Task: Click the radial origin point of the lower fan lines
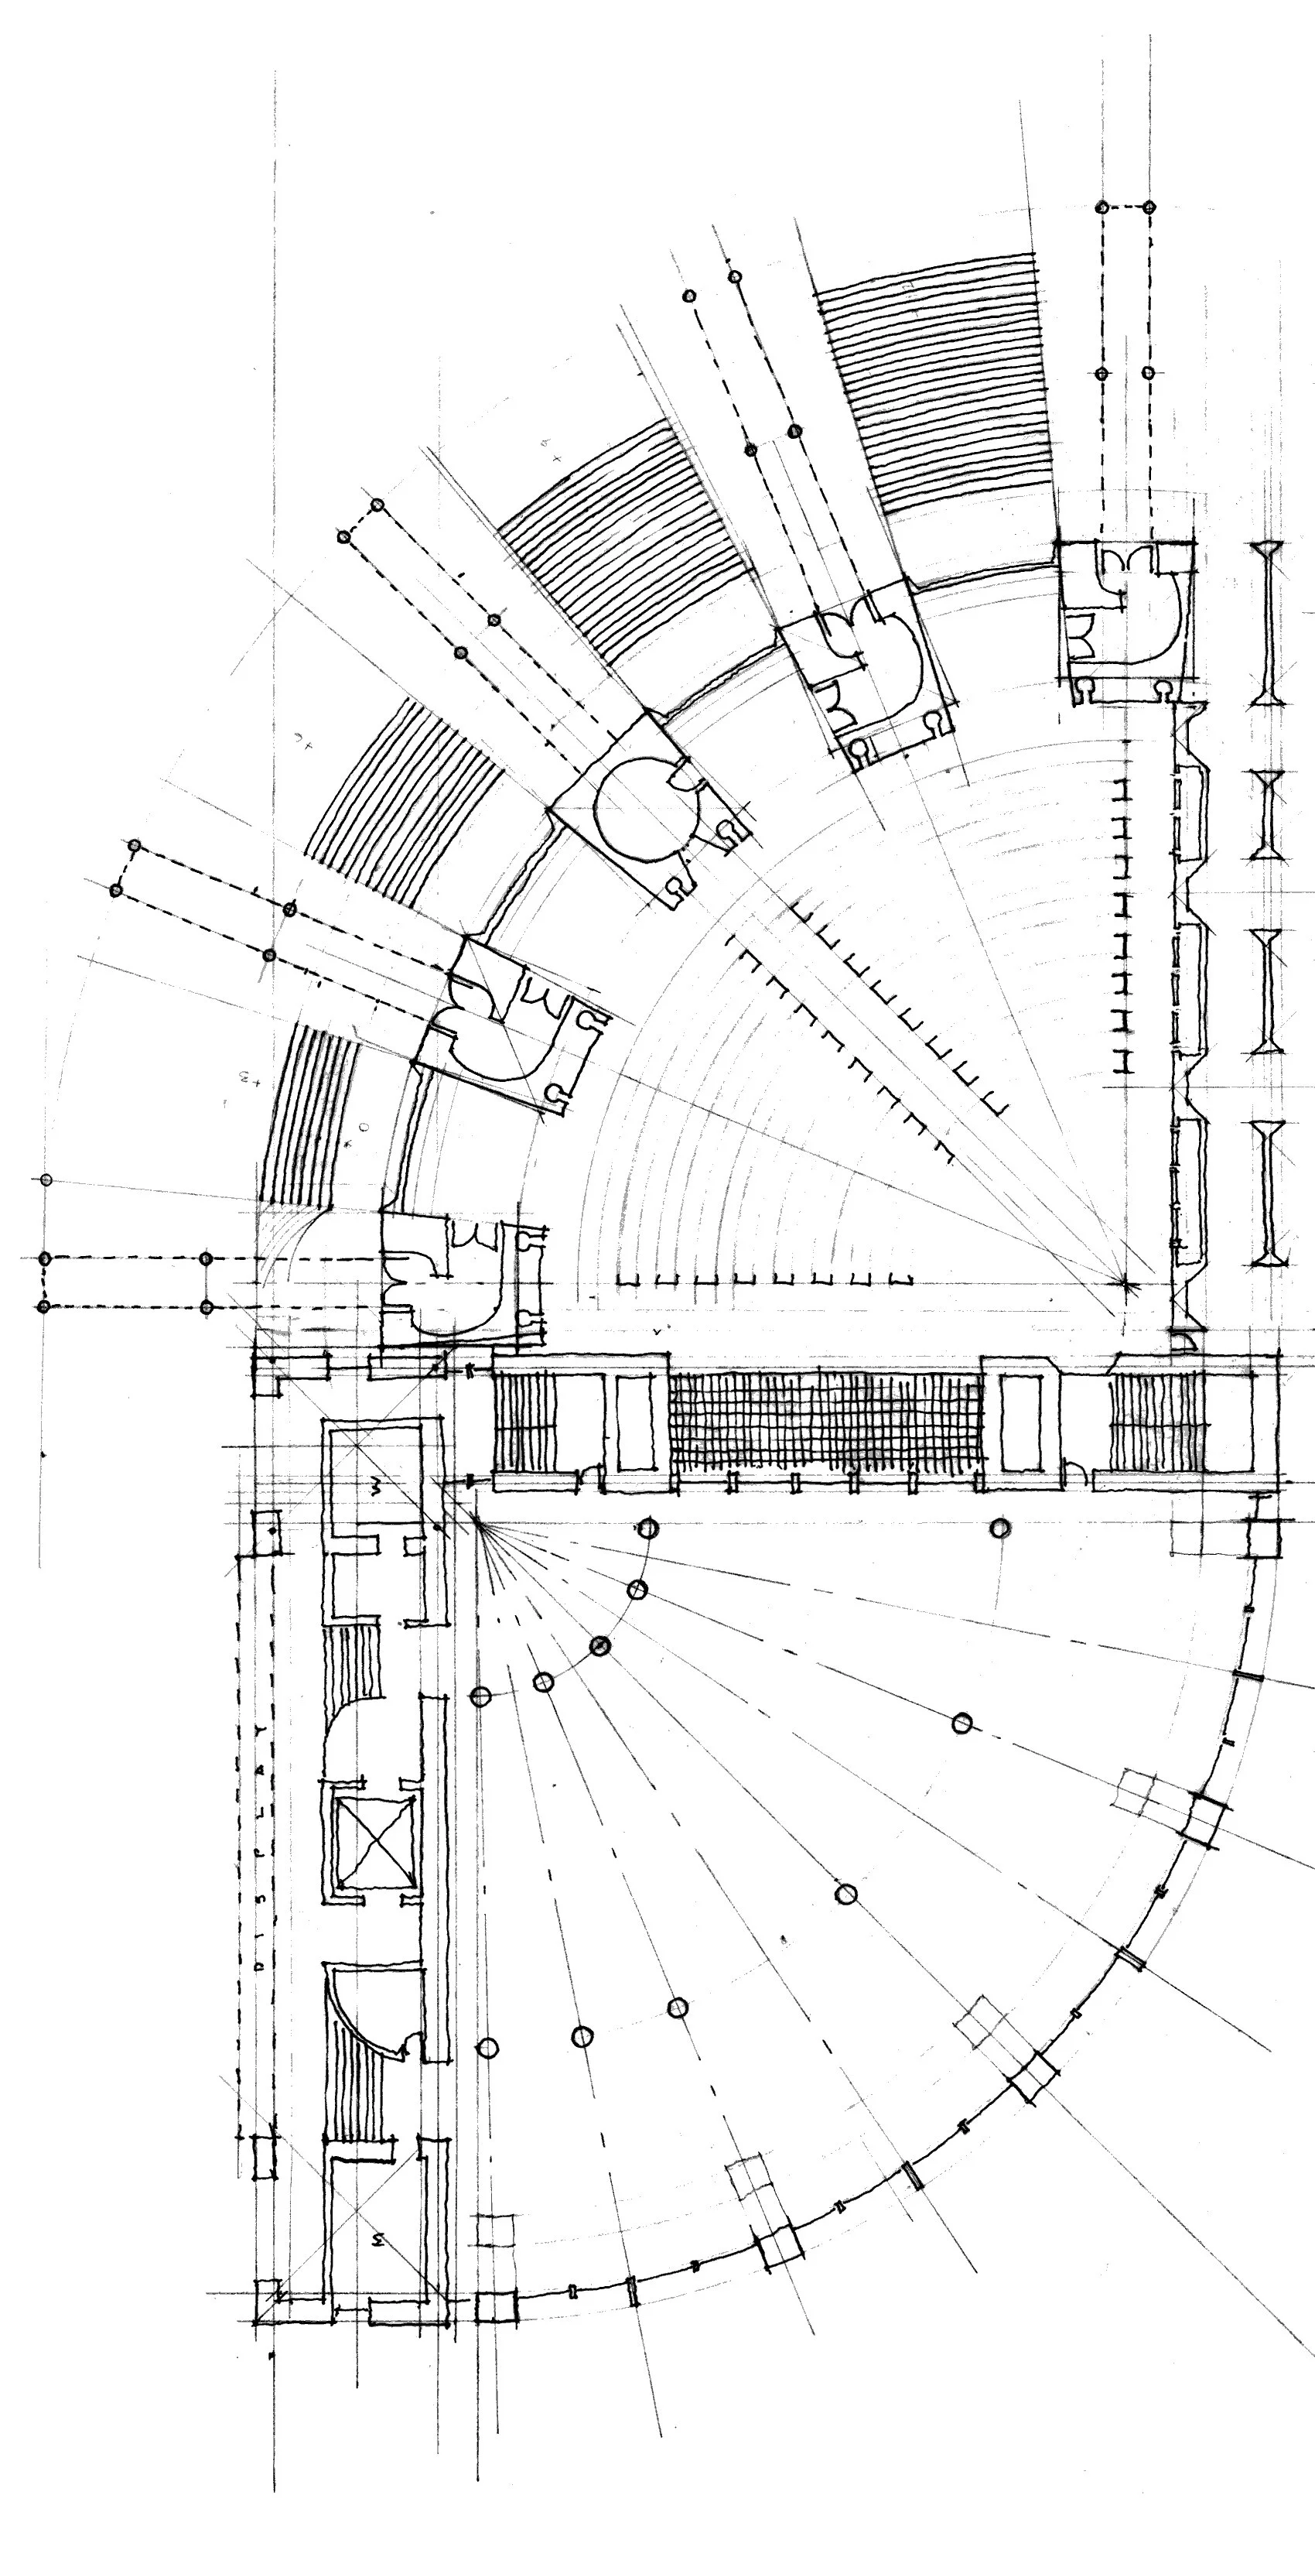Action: coord(474,1520)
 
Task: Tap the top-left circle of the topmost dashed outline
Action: coord(1102,207)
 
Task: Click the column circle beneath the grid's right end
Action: coord(1000,1528)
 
